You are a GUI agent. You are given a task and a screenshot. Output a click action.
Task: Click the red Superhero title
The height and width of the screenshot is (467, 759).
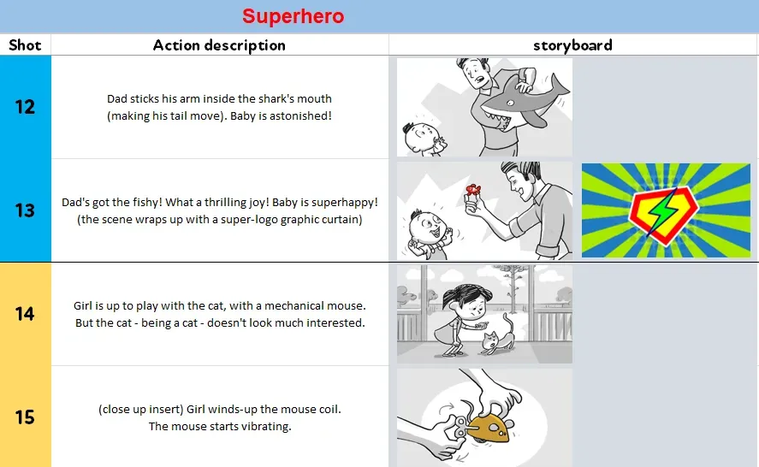point(293,16)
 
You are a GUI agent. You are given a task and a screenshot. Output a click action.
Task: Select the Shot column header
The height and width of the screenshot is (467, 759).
point(25,45)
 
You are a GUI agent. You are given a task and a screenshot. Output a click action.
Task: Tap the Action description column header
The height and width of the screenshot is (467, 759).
point(219,45)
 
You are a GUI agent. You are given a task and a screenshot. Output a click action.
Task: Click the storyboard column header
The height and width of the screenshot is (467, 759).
point(572,45)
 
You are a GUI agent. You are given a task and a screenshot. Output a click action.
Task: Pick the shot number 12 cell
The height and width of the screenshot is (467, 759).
point(25,107)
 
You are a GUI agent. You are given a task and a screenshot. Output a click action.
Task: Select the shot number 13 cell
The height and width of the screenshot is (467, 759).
point(25,210)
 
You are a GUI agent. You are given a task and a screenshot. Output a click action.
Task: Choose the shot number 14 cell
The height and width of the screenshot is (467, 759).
point(25,314)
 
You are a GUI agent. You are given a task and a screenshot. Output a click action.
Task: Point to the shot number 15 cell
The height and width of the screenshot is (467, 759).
point(25,417)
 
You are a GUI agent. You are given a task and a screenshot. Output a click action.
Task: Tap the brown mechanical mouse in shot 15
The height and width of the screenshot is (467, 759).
point(495,424)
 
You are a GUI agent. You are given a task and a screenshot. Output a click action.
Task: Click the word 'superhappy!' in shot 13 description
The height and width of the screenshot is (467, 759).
point(342,203)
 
